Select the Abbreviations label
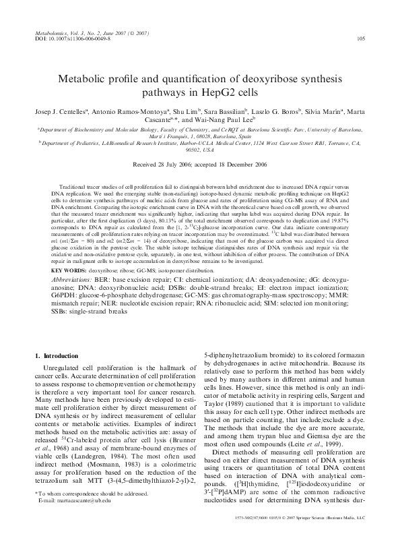pos(75,259)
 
